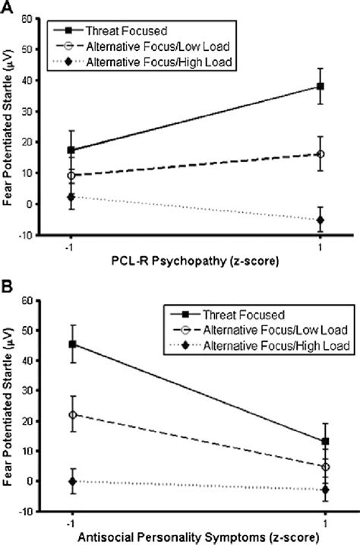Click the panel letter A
(x=7, y=7)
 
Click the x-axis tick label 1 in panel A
(x=321, y=248)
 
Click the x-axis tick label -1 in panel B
(x=71, y=524)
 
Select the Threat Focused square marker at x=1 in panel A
(x=321, y=87)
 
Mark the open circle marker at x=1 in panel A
(x=321, y=154)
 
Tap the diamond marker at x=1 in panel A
(x=321, y=220)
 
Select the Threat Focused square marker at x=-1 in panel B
(x=72, y=344)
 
